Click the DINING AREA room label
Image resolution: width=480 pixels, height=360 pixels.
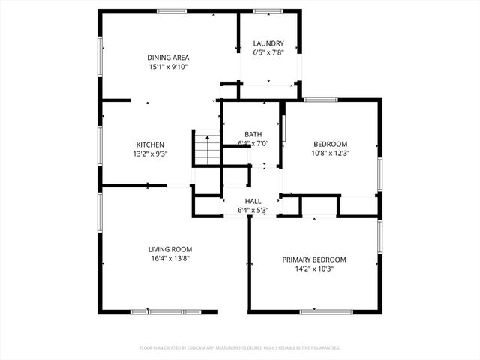point(168,58)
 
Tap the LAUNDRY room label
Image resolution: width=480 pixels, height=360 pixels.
point(268,43)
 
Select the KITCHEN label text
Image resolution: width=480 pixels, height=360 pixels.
point(150,145)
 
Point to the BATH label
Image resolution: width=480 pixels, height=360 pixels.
point(253,134)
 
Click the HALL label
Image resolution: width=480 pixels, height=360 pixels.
point(253,201)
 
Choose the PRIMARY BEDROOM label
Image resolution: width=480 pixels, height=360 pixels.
point(314,259)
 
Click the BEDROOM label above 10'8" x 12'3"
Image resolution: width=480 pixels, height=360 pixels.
point(330,144)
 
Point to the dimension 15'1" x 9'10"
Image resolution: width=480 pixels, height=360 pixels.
point(168,67)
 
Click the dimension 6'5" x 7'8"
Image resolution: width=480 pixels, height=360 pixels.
point(268,52)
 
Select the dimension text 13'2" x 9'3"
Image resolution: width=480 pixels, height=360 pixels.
point(150,154)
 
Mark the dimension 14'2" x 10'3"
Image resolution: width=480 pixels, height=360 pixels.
point(314,268)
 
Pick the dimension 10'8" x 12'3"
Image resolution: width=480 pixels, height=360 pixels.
point(330,153)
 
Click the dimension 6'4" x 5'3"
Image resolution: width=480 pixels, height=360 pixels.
point(253,210)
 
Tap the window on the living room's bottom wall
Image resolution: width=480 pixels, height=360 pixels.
point(165,311)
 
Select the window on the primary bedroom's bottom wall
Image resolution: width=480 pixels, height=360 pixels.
point(326,311)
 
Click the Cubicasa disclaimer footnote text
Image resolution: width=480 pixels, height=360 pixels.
point(240,348)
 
